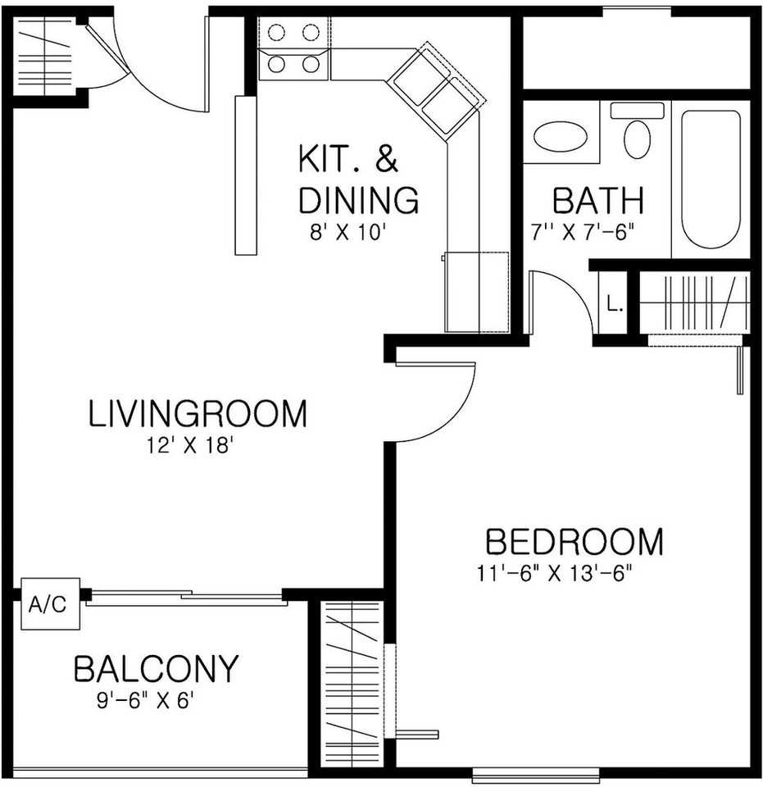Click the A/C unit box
click(x=50, y=603)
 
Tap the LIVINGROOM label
click(x=198, y=413)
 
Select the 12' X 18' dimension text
click(x=191, y=445)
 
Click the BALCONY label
click(x=156, y=668)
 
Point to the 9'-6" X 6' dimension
click(x=145, y=700)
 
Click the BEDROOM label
click(x=575, y=541)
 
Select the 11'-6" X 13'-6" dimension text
click(x=553, y=573)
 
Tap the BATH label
click(x=598, y=200)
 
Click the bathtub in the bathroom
click(x=711, y=180)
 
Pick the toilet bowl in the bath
click(x=637, y=139)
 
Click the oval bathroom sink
click(x=561, y=136)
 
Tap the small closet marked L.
click(x=614, y=303)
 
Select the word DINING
click(x=358, y=200)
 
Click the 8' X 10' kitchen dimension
click(x=347, y=232)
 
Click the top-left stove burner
click(x=276, y=33)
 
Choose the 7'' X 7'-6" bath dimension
click(x=583, y=232)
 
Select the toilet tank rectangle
click(x=637, y=111)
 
